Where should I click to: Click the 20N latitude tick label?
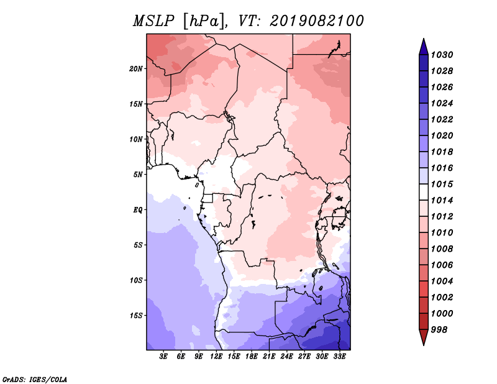pos(136,69)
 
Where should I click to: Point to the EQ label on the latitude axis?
pos(137,210)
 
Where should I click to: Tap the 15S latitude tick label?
pos(136,316)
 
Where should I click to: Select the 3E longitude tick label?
pos(163,357)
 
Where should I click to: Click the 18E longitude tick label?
pos(252,357)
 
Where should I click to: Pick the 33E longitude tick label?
pos(339,357)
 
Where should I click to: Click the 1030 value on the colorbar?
pos(442,55)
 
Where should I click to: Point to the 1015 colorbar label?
pos(442,184)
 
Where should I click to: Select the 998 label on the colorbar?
pos(439,330)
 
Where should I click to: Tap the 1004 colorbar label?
pos(442,281)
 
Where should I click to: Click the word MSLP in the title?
pos(153,21)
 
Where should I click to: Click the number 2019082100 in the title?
pos(317,21)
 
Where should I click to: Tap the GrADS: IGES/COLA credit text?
pos(35,379)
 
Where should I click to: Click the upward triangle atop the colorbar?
pos(424,47)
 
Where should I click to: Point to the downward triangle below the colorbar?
pos(424,337)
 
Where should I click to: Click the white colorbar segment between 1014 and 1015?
pos(424,192)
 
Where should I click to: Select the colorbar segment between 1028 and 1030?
pos(424,63)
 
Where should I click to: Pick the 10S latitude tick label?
pos(136,280)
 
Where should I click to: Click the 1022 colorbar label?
pos(442,119)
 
